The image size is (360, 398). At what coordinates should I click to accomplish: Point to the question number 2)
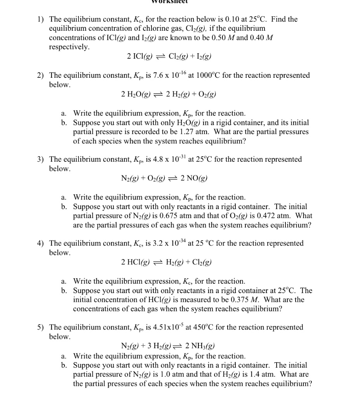pyautogui.click(x=40, y=75)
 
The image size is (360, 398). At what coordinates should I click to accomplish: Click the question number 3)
pyautogui.click(x=40, y=159)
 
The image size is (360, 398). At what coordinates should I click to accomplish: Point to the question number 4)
pyautogui.click(x=40, y=243)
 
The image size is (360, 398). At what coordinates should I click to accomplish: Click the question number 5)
pyautogui.click(x=40, y=327)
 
